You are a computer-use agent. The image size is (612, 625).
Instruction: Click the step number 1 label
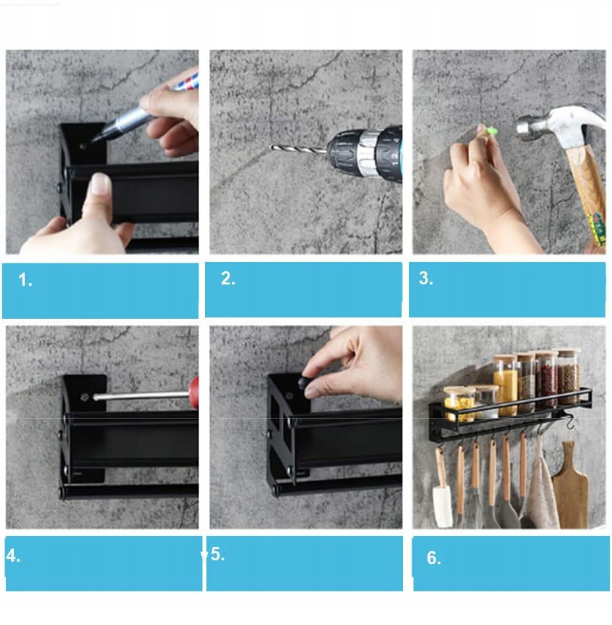pyautogui.click(x=24, y=280)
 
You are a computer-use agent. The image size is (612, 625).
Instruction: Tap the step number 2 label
pyautogui.click(x=228, y=279)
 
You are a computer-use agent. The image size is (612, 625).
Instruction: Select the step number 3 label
pyautogui.click(x=426, y=279)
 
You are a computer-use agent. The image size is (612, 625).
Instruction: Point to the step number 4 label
pyautogui.click(x=13, y=556)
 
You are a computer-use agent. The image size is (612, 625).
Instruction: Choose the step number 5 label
pyautogui.click(x=218, y=554)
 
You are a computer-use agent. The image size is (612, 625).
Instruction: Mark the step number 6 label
pyautogui.click(x=434, y=558)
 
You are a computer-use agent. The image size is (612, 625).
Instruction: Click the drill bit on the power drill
pyautogui.click(x=299, y=149)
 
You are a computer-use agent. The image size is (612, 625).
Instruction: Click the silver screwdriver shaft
pyautogui.click(x=141, y=396)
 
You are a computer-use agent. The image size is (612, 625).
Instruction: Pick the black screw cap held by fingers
pyautogui.click(x=305, y=382)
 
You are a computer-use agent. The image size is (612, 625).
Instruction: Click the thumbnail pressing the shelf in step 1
pyautogui.click(x=100, y=184)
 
